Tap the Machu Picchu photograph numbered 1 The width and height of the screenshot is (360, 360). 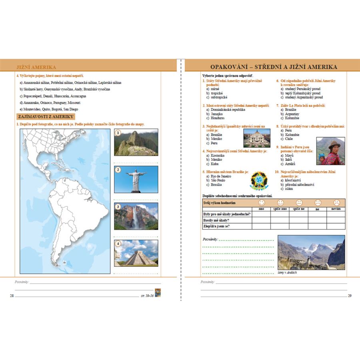pos(136,142)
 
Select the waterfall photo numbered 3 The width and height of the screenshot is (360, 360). pos(136,216)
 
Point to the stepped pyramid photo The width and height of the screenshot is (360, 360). pos(136,253)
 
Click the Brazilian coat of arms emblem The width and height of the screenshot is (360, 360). pos(259,181)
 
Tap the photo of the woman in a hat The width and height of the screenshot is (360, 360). pos(330,151)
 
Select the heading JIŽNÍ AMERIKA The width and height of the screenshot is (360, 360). pos(36,67)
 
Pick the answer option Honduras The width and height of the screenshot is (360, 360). pos(218,118)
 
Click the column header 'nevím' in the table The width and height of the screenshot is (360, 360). pos(336,209)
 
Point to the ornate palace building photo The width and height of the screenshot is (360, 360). pos(256,138)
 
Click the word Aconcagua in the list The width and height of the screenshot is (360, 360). pos(76,96)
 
